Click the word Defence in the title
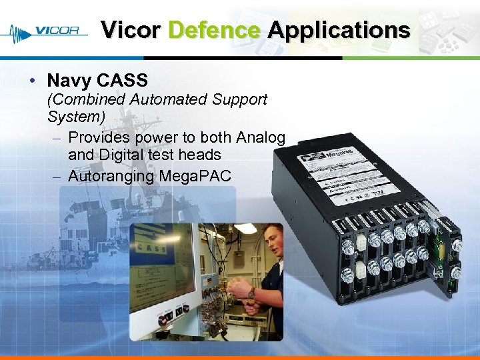(214, 30)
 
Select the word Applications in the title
(339, 30)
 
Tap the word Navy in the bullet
(69, 81)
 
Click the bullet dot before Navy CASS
(33, 81)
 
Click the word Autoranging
(111, 176)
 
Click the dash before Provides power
(57, 138)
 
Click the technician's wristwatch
(250, 293)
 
